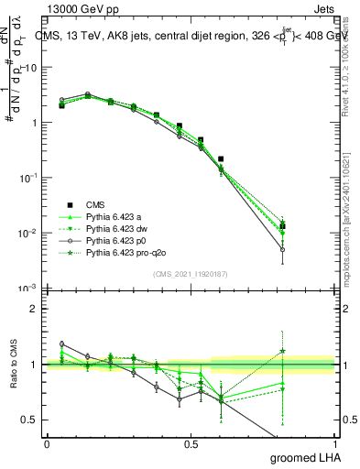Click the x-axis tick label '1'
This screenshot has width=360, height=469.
[333, 444]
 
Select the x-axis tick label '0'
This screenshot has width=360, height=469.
[47, 444]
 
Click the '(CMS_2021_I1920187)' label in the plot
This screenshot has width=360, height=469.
[190, 273]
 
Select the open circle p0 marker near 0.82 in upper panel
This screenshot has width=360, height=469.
[283, 249]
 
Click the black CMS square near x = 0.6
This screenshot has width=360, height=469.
[221, 158]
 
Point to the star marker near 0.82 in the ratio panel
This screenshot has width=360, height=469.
[283, 351]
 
